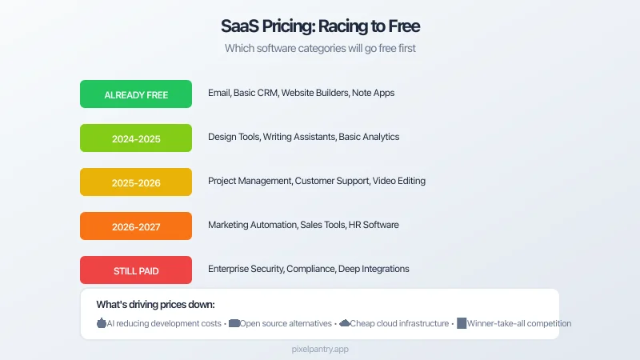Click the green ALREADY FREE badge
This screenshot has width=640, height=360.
pyautogui.click(x=136, y=94)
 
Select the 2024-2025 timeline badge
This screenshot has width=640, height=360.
pyautogui.click(x=136, y=138)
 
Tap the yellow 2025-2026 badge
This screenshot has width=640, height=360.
pyautogui.click(x=136, y=182)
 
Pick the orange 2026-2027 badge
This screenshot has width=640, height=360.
pyautogui.click(x=136, y=226)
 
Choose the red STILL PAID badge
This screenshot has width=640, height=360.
pyautogui.click(x=136, y=270)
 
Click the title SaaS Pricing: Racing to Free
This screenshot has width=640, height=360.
pyautogui.click(x=320, y=26)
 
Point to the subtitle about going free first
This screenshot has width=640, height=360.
pyautogui.click(x=320, y=48)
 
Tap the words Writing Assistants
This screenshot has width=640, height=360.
pyautogui.click(x=298, y=137)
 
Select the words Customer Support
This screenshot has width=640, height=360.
pyautogui.click(x=331, y=181)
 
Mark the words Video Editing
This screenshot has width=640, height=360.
pyautogui.click(x=398, y=181)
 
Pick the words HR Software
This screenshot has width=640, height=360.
pyautogui.click(x=374, y=225)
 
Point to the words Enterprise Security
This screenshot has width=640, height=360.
pyautogui.click(x=245, y=269)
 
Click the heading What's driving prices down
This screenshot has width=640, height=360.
pyautogui.click(x=155, y=304)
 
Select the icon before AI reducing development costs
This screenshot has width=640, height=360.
pyautogui.click(x=102, y=324)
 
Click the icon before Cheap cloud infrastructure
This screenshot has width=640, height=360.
pyautogui.click(x=345, y=324)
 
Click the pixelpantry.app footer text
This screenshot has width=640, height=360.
pyautogui.click(x=320, y=350)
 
